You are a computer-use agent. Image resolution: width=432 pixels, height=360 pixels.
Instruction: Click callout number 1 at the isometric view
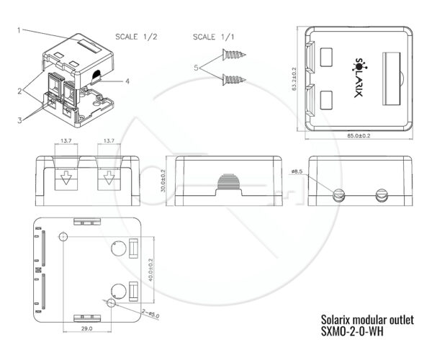tap(19, 30)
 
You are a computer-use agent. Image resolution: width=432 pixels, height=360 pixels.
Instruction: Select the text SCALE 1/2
tap(137, 36)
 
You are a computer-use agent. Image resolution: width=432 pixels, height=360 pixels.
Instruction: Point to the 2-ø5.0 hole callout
tap(150, 314)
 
